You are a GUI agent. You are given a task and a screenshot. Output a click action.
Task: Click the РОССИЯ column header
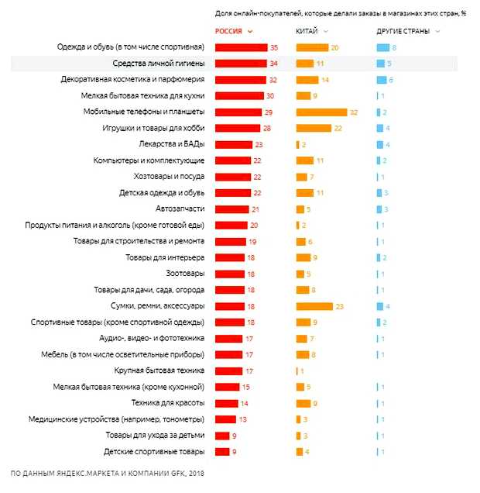[x=231, y=31]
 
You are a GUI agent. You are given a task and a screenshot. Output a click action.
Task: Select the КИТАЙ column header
[x=307, y=31]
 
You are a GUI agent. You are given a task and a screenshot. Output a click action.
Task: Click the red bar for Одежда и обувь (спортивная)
[x=241, y=47]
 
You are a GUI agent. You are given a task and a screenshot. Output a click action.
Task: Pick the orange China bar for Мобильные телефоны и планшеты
[x=321, y=112]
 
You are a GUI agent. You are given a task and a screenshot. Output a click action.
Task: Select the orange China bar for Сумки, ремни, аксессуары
[x=314, y=306]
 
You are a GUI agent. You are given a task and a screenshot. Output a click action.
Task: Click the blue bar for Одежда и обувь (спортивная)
[x=382, y=47]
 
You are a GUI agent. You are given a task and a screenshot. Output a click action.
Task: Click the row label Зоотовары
[x=185, y=274]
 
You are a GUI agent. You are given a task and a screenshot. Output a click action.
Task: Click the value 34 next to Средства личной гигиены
[x=273, y=64]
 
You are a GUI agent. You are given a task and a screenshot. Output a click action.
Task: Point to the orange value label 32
[x=353, y=112]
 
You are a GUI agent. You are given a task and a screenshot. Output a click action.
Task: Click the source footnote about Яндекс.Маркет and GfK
[x=108, y=472]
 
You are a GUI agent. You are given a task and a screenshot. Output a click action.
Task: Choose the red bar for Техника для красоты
[x=226, y=403]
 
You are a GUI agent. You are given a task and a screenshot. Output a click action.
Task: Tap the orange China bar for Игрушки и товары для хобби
[x=314, y=128]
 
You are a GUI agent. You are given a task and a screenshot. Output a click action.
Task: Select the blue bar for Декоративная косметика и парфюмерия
[x=381, y=80]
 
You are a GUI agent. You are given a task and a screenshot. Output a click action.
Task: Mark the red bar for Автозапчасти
[x=231, y=209]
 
